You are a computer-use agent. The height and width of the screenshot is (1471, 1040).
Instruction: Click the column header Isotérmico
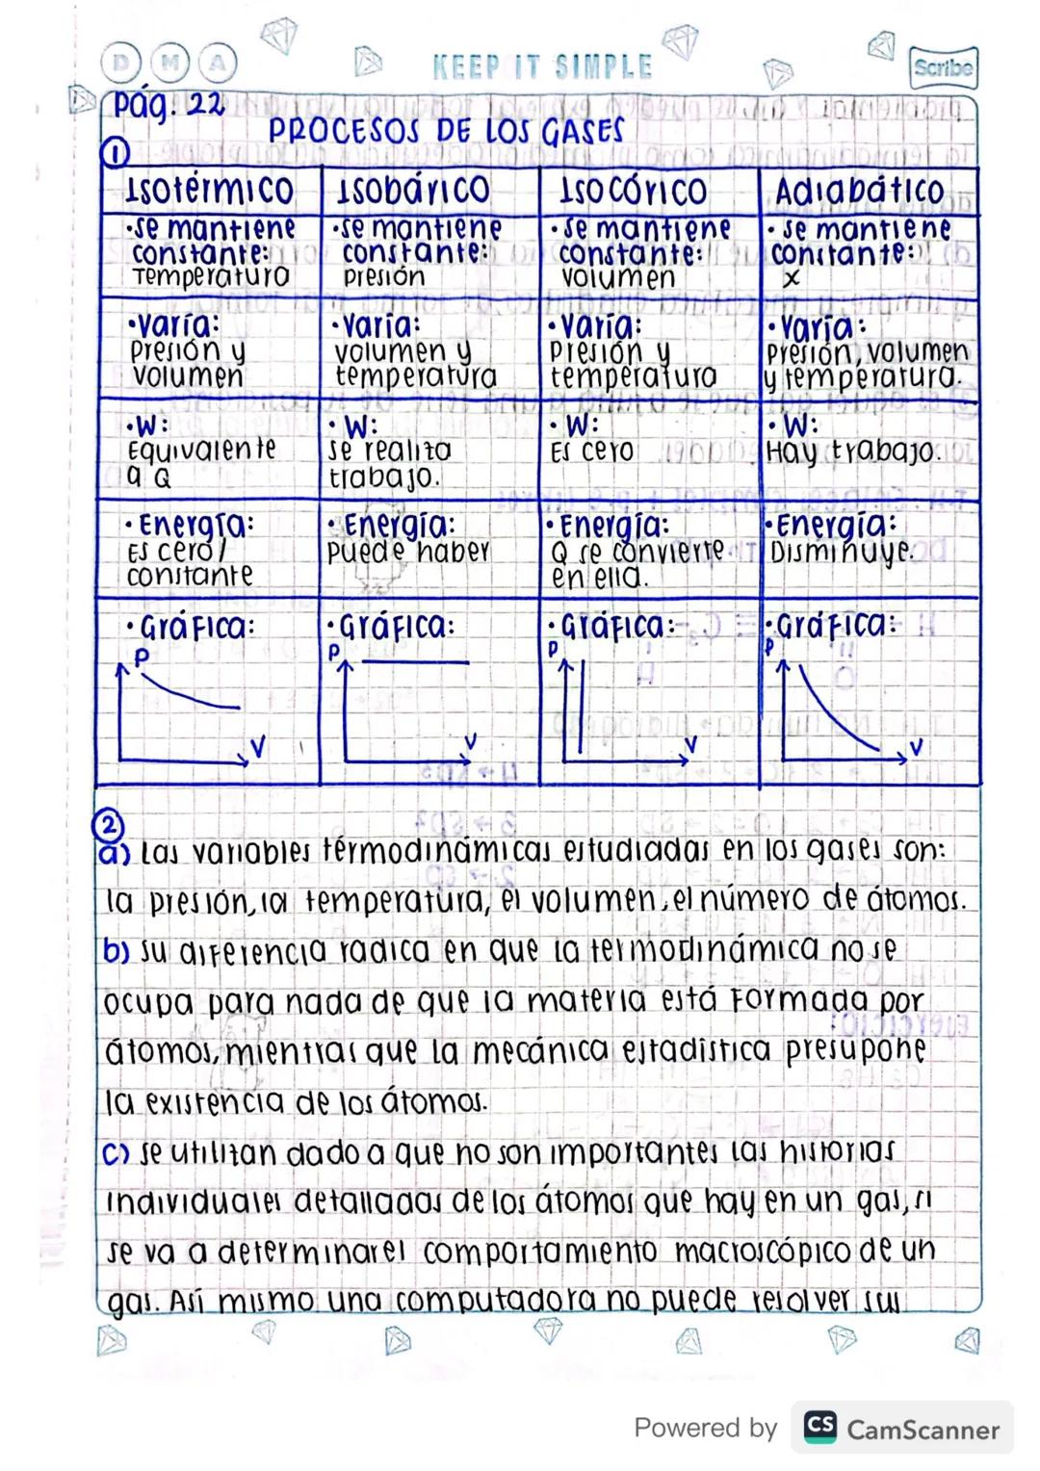coord(209,190)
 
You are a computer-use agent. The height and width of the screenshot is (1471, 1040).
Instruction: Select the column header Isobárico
coord(413,191)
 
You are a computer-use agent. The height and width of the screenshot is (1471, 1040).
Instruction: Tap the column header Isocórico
coord(633,191)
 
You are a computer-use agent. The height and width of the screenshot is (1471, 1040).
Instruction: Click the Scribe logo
coord(943,67)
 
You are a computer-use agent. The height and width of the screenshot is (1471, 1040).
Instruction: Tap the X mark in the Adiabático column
coord(791,279)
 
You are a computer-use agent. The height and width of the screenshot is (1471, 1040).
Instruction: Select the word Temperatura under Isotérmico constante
coord(211,277)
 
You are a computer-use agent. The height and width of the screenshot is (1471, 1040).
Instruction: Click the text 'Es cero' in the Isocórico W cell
coord(591,451)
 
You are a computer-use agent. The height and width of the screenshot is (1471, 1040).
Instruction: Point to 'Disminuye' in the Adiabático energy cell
coord(840,553)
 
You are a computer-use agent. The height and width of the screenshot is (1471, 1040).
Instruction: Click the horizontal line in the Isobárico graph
coord(416,662)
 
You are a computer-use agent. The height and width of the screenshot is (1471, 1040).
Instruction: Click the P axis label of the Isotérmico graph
coord(142,657)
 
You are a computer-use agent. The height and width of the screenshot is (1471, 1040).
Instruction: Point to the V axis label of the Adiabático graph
coord(916,746)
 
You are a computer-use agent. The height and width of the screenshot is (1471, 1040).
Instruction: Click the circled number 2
coord(109,825)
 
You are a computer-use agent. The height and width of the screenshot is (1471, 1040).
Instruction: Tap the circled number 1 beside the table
coord(116,153)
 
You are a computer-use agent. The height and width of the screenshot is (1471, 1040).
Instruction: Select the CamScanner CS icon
coord(819,1426)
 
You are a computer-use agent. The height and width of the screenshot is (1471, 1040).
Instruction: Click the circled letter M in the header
coord(170,65)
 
